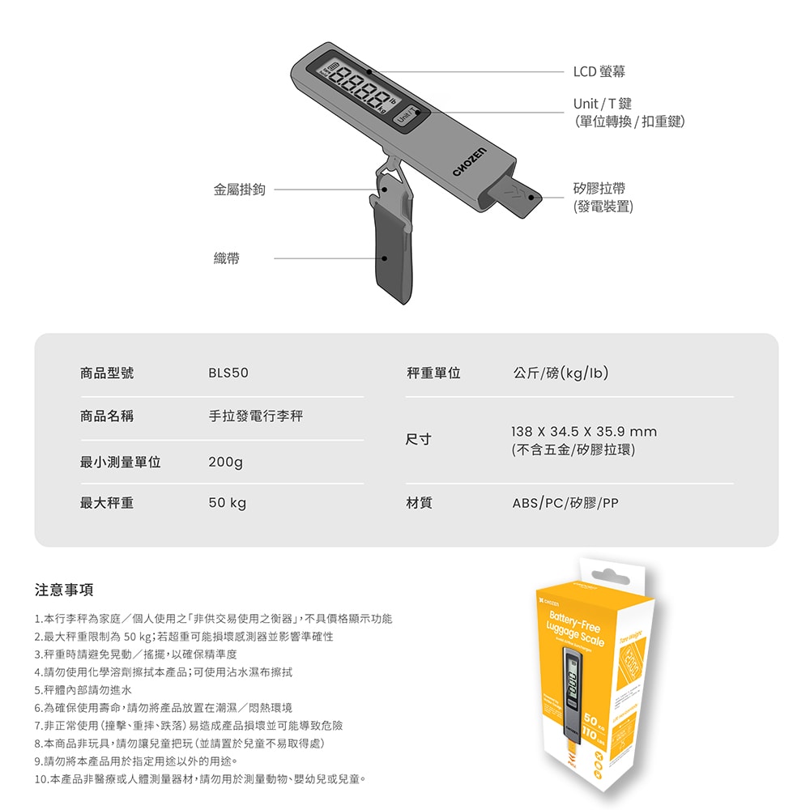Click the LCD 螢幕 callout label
599,72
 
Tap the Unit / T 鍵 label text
602,104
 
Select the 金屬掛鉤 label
239,190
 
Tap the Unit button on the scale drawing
405,118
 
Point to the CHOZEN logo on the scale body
469,164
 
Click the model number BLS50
228,373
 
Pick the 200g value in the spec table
225,463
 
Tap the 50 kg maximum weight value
227,503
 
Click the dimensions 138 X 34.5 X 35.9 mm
584,432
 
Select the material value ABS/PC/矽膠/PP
565,503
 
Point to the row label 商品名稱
107,416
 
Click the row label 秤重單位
433,373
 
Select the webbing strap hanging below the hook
392,251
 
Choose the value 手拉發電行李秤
255,416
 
